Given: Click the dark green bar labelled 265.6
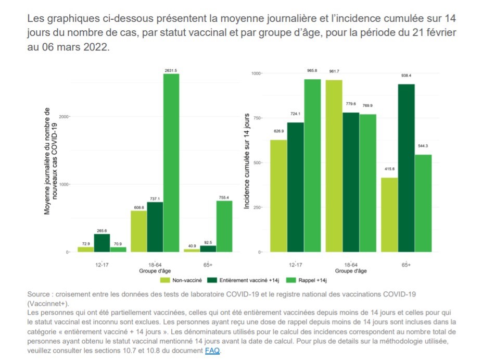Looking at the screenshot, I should pyautogui.click(x=102, y=243).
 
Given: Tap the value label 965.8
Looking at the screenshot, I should pyautogui.click(x=313, y=69).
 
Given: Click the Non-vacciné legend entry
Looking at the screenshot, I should pyautogui.click(x=179, y=279).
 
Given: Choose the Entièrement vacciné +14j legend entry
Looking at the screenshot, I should pyautogui.click(x=241, y=279).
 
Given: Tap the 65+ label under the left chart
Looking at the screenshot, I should pyautogui.click(x=208, y=265).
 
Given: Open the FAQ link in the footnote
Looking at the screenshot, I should pyautogui.click(x=212, y=351).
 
